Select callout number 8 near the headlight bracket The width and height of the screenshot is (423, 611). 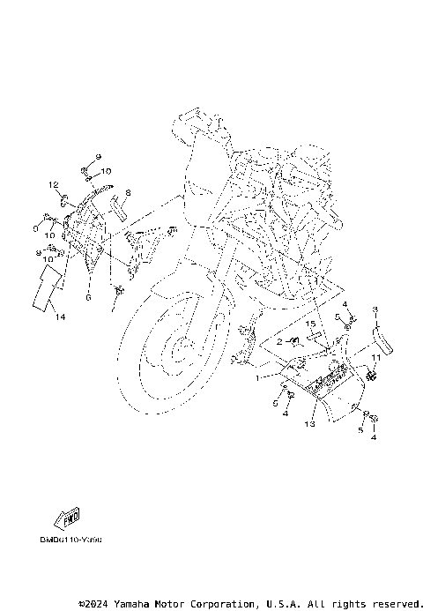pos(128,191)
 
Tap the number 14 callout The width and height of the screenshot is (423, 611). pos(59,316)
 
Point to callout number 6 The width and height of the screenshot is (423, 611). pos(88,298)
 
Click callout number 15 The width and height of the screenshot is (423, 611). pos(311,324)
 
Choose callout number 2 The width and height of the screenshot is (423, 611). pos(279,340)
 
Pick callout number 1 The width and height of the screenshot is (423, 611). pos(257,376)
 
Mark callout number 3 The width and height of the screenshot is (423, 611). pos(374,309)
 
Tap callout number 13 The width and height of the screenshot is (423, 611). pos(308,423)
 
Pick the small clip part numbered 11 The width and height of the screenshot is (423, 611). pos(370,376)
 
